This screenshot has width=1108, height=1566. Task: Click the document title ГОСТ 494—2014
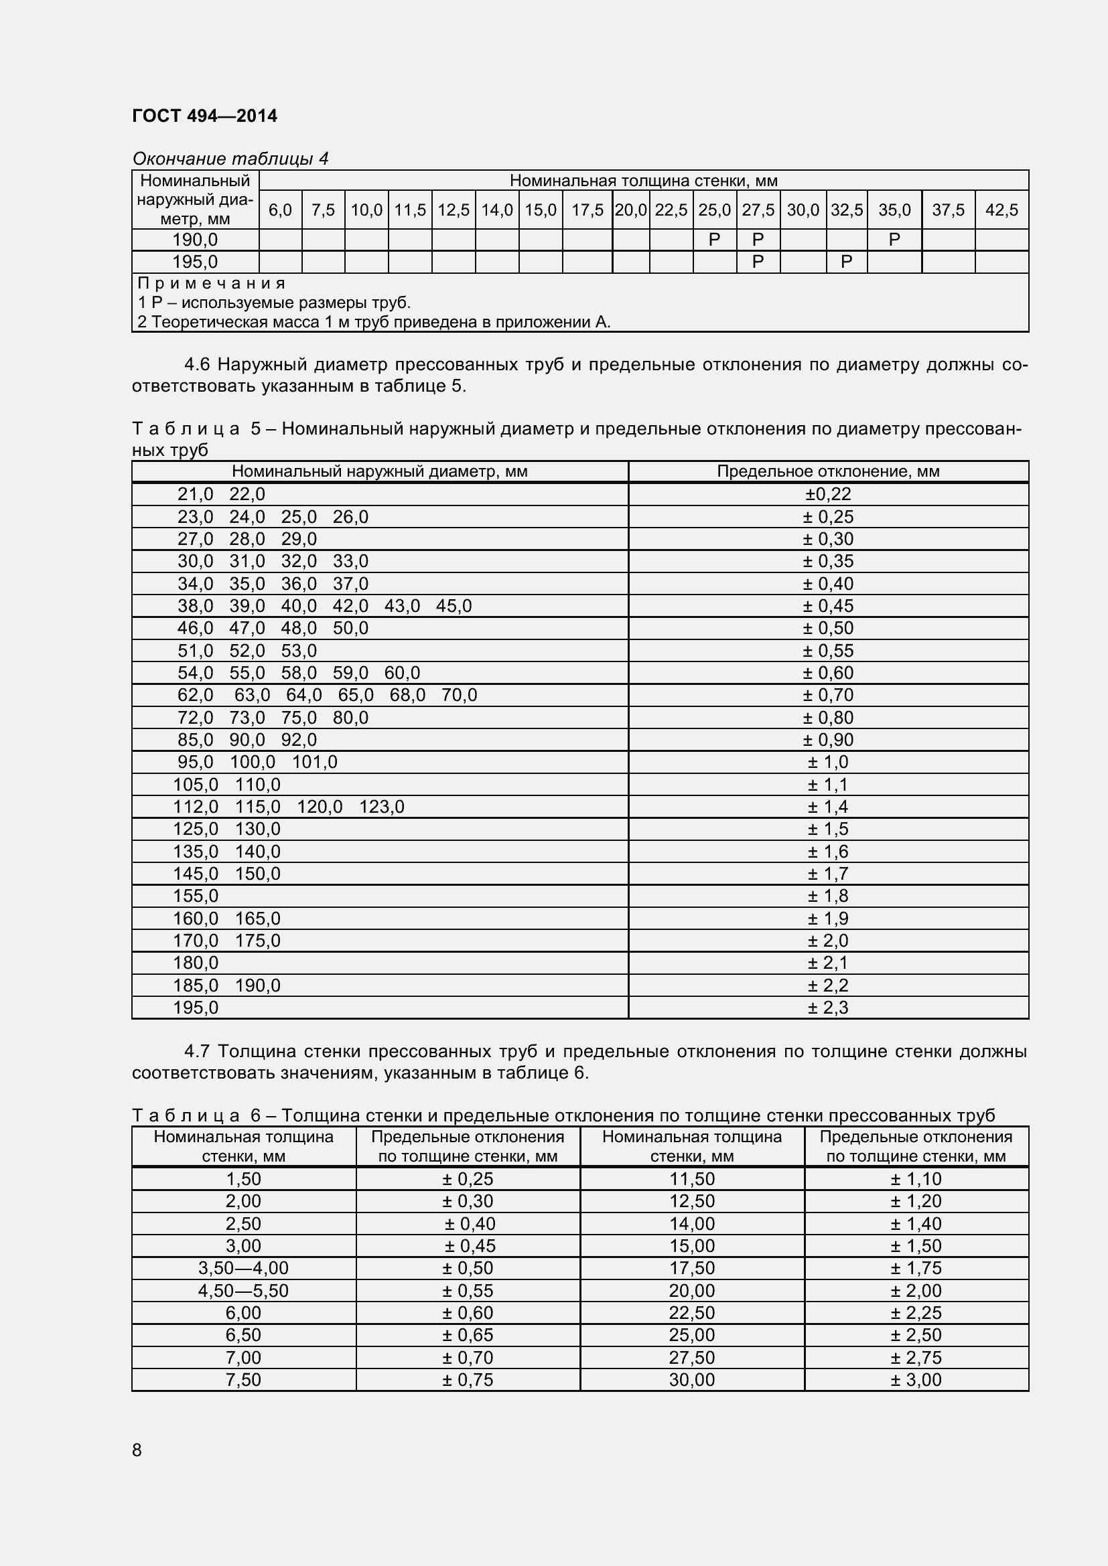[x=205, y=116]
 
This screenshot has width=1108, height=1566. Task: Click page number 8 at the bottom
[x=137, y=1450]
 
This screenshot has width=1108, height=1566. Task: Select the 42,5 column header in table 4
[x=1001, y=210]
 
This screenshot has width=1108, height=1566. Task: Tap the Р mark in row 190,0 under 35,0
[x=894, y=240]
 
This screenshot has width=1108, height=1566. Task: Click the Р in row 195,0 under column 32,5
[x=846, y=262]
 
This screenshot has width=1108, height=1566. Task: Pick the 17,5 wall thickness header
[x=587, y=210]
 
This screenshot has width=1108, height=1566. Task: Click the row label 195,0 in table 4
[x=195, y=262]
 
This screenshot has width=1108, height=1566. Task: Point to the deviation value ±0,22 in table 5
[x=827, y=495]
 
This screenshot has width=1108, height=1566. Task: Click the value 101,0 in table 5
[x=315, y=762]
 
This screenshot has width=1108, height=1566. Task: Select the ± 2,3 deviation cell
[x=827, y=1008]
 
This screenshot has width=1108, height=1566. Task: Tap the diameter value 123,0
[x=381, y=807]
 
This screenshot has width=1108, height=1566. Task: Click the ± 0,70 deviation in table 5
[x=827, y=695]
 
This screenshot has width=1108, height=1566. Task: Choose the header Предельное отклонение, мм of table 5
[x=827, y=471]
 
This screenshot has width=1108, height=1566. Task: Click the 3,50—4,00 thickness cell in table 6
[x=244, y=1268]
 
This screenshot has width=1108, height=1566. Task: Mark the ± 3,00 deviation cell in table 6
[x=916, y=1380]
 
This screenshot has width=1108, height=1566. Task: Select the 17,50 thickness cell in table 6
[x=692, y=1268]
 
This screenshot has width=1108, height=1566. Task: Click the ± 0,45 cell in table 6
[x=470, y=1245]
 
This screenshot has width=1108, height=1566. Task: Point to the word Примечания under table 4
[x=212, y=283]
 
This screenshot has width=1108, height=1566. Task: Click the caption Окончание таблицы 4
[x=230, y=159]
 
